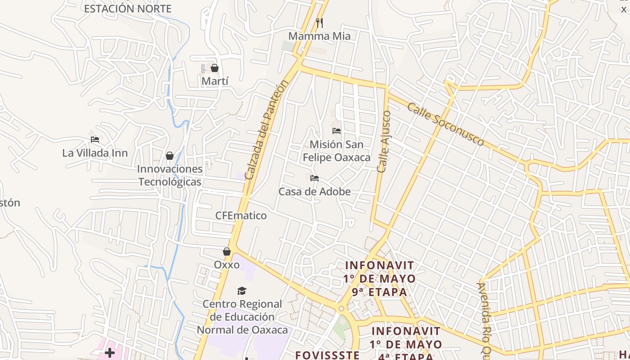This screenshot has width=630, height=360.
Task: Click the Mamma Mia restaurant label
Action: click(319, 36)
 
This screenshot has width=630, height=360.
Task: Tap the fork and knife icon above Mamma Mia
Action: click(319, 22)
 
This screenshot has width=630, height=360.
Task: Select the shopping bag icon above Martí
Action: click(215, 68)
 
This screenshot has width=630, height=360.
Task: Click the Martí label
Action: click(215, 81)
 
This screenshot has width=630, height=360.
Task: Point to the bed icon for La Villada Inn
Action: click(95, 139)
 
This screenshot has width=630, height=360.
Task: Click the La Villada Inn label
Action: click(95, 153)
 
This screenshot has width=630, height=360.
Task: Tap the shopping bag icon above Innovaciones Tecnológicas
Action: click(170, 156)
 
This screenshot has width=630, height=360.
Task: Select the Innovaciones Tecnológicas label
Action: click(170, 175)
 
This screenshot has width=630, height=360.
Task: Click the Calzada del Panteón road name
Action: click(265, 130)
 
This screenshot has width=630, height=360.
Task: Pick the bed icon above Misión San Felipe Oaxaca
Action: click(337, 131)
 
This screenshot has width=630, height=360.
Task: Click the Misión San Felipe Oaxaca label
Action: click(337, 151)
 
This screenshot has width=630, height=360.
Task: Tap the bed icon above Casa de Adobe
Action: click(315, 178)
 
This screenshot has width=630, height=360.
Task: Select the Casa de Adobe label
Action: click(315, 192)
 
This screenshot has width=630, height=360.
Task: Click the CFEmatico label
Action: click(241, 216)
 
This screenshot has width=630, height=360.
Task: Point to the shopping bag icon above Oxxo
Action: click(227, 252)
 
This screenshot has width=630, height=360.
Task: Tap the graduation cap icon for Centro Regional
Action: click(242, 291)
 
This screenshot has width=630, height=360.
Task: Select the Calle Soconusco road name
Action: click(445, 124)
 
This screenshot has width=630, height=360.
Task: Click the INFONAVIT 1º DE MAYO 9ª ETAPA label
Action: click(379, 279)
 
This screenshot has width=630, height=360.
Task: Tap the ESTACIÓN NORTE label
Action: click(128, 9)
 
